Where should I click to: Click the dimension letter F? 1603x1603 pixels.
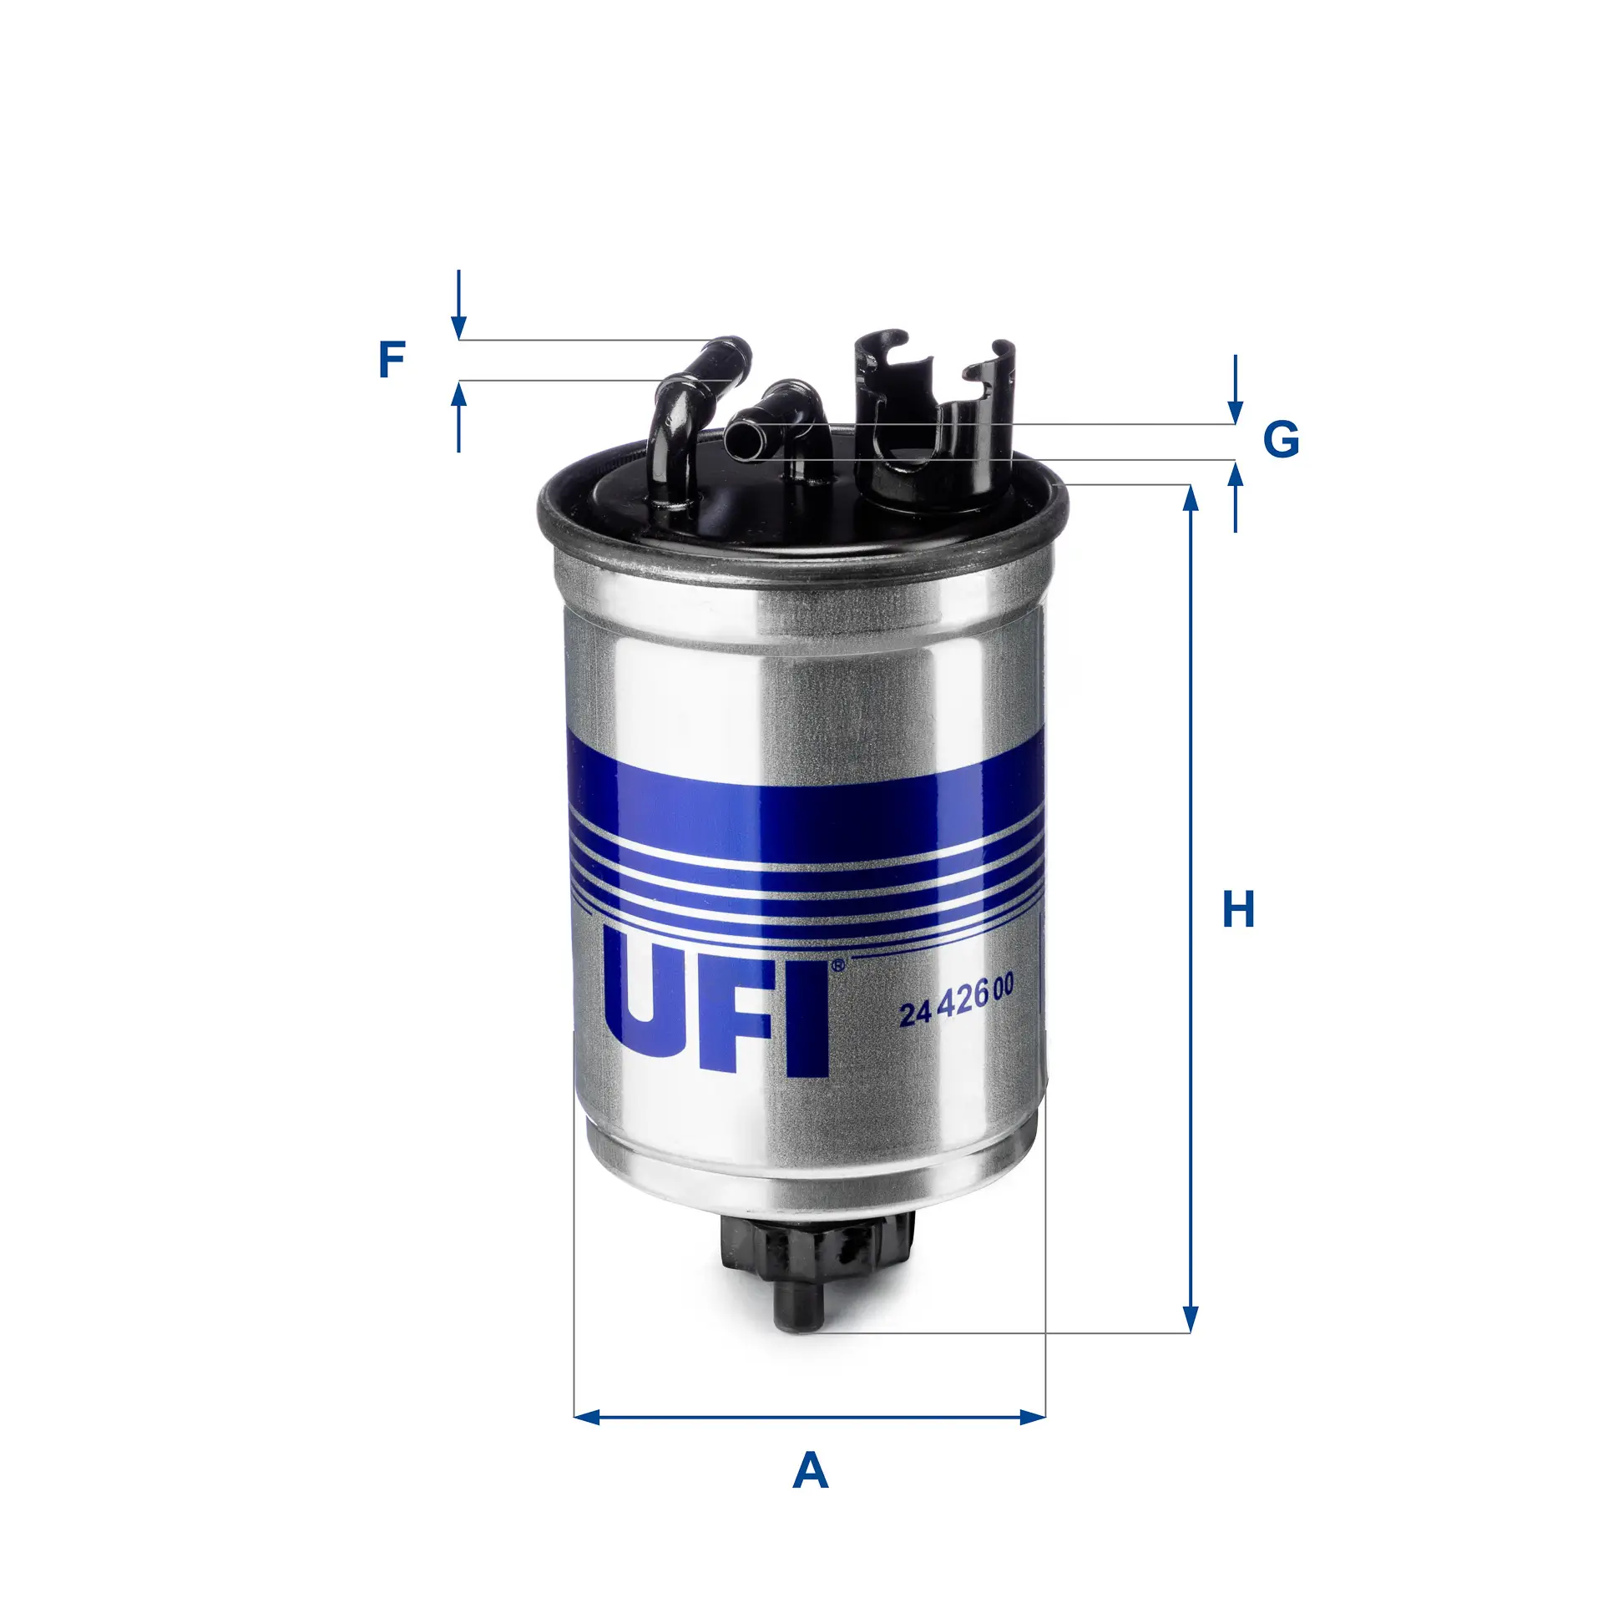click(392, 360)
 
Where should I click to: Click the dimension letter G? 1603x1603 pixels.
click(1281, 439)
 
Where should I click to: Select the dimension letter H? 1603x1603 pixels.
click(1238, 910)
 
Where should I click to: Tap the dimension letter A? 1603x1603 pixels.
click(810, 1470)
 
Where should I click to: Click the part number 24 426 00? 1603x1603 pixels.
click(956, 1001)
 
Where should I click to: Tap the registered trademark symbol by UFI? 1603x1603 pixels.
click(838, 965)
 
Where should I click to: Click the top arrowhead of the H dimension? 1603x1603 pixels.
click(1191, 497)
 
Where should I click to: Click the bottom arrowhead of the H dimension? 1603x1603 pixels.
click(1191, 1320)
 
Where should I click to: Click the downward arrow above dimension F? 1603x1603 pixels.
click(458, 327)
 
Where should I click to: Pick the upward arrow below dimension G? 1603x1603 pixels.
click(1236, 476)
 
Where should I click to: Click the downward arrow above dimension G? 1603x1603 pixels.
click(1236, 412)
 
